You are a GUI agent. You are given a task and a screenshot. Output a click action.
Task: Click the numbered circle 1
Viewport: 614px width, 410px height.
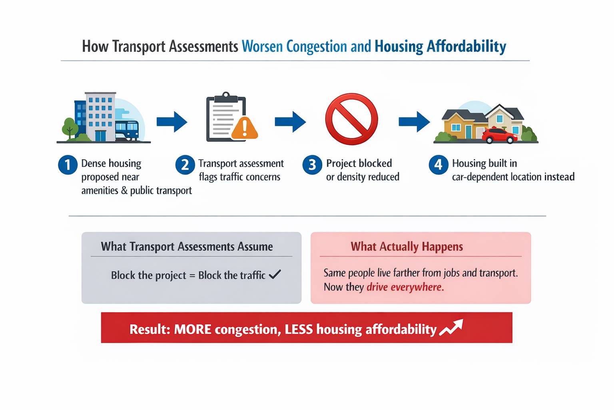[x=68, y=165]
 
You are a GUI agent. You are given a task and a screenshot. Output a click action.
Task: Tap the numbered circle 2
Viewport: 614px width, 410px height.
[x=185, y=165]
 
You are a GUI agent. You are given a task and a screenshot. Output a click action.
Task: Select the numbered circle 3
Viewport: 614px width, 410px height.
[x=312, y=165]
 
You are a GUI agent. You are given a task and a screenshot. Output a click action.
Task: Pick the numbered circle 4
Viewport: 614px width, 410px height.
[x=439, y=165]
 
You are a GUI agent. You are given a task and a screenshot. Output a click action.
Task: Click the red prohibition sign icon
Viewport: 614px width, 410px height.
[x=351, y=119]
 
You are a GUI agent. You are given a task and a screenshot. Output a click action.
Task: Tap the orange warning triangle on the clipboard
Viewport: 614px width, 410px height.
[x=244, y=128]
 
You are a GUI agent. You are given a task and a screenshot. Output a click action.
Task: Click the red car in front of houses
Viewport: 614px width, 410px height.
[x=499, y=136]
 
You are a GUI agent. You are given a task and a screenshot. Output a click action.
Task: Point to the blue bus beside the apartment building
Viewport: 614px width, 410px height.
[x=127, y=130]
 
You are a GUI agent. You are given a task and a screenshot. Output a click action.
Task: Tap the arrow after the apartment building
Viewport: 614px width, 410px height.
[x=172, y=122]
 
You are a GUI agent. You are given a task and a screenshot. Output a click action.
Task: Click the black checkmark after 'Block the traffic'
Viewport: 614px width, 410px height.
[x=275, y=274]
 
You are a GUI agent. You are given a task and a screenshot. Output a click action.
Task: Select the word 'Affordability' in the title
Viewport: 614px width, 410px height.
[x=466, y=46]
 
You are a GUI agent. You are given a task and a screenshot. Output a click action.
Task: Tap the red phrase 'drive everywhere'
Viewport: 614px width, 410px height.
[x=405, y=287]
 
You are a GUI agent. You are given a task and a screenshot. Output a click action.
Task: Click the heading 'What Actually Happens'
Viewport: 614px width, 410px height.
[x=407, y=246]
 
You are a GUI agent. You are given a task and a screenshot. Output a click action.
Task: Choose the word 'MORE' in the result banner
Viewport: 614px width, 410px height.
[x=193, y=330]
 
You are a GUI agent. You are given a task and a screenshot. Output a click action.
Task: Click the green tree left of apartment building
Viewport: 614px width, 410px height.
[x=70, y=127]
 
